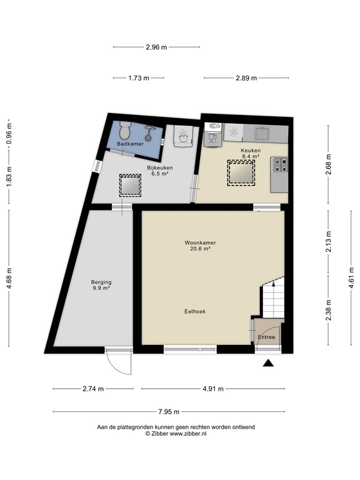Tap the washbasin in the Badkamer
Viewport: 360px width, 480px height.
pos(149,132)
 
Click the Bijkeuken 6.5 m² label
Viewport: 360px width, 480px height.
pos(159,171)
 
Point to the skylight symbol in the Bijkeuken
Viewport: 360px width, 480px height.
pos(130,185)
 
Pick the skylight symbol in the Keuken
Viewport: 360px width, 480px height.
pos(241,172)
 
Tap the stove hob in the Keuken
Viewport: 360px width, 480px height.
pos(279,165)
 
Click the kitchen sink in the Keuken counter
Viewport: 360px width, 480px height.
pos(262,132)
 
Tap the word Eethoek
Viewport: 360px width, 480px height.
pos(195,311)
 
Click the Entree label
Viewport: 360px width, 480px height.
pos(266,337)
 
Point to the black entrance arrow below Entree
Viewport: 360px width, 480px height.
pos(269,363)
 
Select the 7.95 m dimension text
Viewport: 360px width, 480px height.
pos(168,412)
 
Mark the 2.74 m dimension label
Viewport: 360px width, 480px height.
pos(92,389)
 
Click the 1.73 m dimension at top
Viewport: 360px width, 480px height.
pos(138,78)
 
